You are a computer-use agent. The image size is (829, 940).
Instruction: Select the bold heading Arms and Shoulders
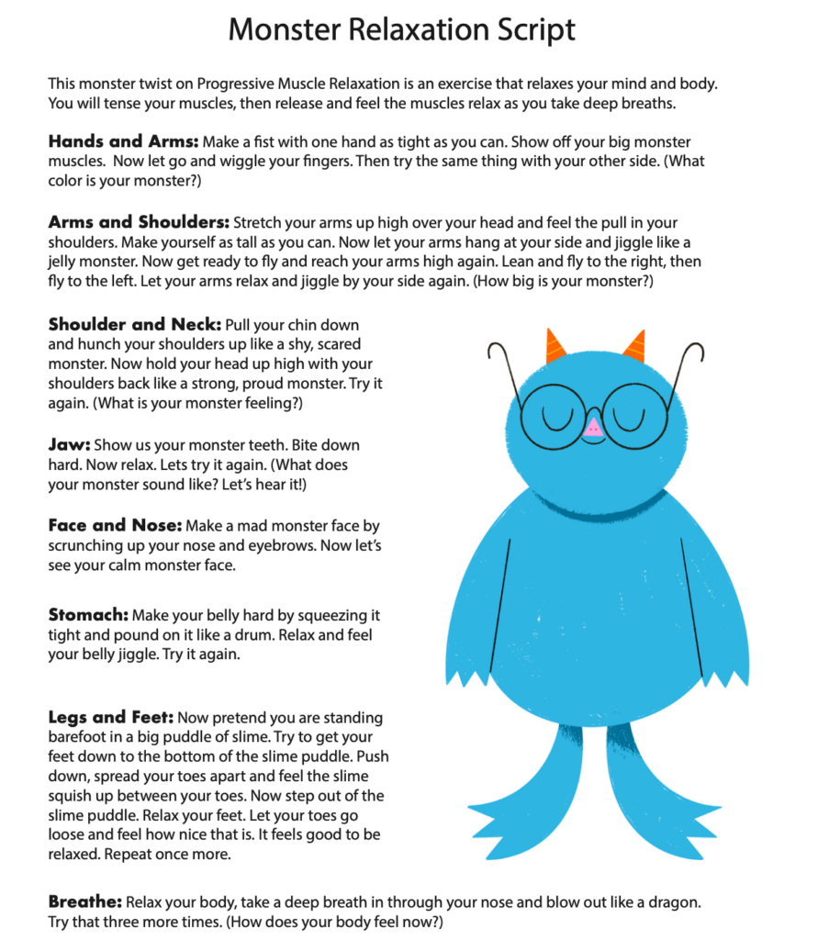click(x=138, y=222)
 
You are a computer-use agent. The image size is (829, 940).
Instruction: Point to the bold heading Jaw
click(x=64, y=444)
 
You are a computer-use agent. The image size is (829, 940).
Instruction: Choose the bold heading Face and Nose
click(x=114, y=526)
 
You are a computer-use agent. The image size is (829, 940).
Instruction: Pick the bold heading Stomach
click(x=88, y=614)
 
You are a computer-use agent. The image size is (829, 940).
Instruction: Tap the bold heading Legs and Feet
click(x=110, y=717)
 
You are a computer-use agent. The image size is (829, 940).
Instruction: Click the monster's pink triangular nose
click(x=593, y=426)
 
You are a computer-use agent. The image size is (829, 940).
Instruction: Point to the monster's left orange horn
click(x=554, y=346)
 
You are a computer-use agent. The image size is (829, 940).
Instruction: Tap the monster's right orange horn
click(x=634, y=346)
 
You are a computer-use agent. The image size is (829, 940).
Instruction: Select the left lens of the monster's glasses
click(x=554, y=415)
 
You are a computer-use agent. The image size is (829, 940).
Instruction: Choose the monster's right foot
click(x=655, y=799)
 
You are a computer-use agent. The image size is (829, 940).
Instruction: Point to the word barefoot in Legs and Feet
click(x=79, y=737)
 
